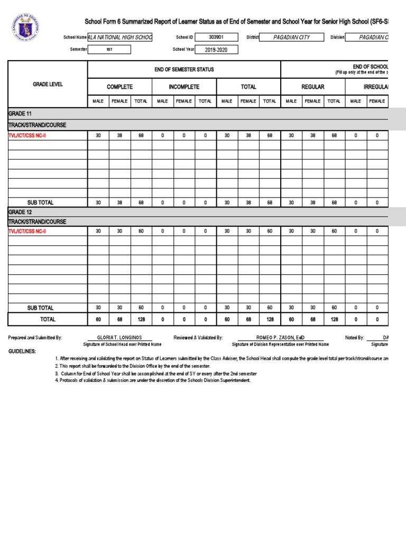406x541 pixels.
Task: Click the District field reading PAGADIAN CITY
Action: (x=292, y=38)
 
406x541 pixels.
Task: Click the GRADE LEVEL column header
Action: (x=48, y=85)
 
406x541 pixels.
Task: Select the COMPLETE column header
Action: (x=119, y=87)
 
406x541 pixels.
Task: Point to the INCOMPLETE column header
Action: (x=183, y=87)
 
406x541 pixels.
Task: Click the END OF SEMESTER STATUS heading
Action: (x=183, y=70)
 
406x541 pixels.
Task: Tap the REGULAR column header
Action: (x=312, y=87)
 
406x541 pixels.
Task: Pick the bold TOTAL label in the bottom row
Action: (x=48, y=319)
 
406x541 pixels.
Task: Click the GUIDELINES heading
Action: (x=23, y=351)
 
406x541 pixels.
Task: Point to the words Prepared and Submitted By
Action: (x=35, y=337)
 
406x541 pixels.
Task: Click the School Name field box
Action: (x=120, y=38)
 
